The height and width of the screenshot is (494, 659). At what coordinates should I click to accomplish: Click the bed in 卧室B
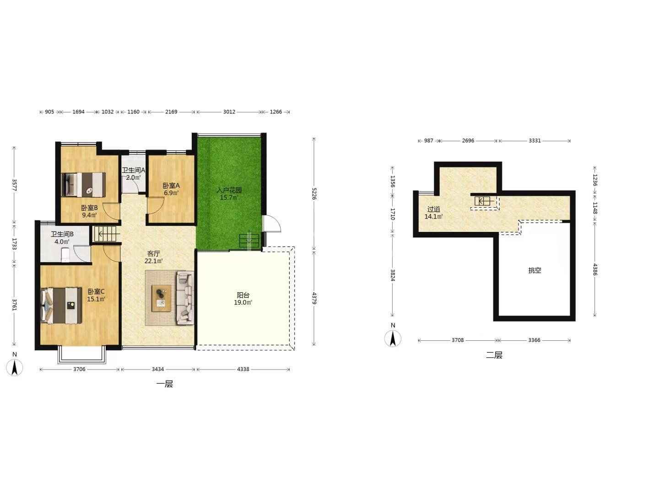83,184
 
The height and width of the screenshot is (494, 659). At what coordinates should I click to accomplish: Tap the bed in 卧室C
61,306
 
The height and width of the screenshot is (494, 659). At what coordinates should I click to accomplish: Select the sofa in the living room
185,298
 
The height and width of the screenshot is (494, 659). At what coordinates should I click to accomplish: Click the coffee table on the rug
162,298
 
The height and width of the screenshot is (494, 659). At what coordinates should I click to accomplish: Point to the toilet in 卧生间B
65,255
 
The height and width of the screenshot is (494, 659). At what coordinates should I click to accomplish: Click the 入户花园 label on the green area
229,190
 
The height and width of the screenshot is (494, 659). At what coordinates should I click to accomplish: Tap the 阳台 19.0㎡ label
243,299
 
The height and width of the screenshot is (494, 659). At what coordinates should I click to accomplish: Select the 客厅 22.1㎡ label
153,258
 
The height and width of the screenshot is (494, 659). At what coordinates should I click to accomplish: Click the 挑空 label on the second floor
535,270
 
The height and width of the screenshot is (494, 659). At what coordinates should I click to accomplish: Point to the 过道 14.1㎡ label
433,213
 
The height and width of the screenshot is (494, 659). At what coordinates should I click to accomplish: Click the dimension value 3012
229,112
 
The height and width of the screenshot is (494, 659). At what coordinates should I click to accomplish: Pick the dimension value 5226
314,194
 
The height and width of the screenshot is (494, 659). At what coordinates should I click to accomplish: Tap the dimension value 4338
243,369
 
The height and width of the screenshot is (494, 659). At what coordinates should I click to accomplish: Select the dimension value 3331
535,141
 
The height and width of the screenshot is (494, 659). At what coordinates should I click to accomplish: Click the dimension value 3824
392,275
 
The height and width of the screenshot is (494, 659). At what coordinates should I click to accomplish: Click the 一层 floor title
165,384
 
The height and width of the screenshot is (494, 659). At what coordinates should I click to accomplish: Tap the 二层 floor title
494,355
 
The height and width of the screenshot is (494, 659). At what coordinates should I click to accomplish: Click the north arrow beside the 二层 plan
393,338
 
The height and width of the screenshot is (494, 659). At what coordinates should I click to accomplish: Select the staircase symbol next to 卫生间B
105,234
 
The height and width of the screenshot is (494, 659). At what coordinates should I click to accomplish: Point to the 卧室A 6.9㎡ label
171,189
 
